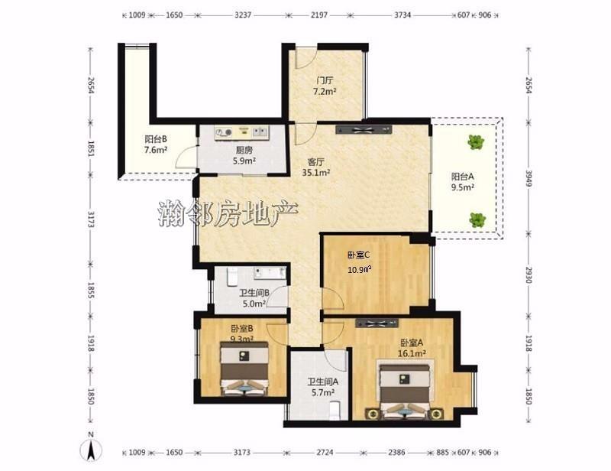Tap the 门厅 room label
tap(325, 81)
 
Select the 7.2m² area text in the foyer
tap(325, 92)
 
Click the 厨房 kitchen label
tap(244, 150)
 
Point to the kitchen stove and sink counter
tap(241, 133)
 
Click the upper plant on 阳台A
tap(476, 141)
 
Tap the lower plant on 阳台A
tap(477, 219)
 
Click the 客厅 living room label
tap(316, 161)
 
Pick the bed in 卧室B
tap(244, 369)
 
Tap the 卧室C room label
tap(358, 255)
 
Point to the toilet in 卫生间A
tap(335, 411)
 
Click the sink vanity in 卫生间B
tap(270, 273)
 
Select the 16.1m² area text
tap(412, 353)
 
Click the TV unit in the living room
tap(364, 129)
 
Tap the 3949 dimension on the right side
tap(529, 178)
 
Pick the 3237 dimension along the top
tap(243, 15)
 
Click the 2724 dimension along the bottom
tap(325, 453)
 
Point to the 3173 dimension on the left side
tap(91, 219)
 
